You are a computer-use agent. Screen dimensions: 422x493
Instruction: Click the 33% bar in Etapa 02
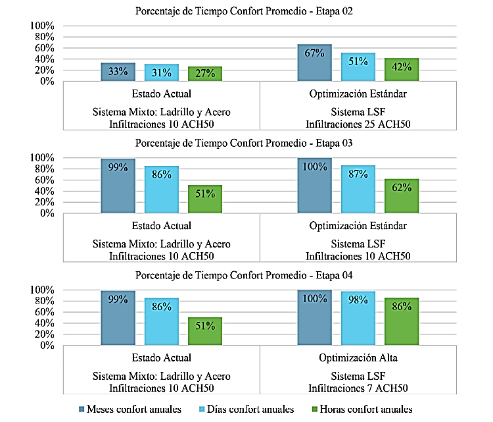pos(118,72)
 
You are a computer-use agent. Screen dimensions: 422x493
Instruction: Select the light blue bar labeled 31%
pos(161,73)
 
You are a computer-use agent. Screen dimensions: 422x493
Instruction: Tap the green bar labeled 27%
pos(204,74)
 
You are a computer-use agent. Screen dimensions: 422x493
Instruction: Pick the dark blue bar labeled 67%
pos(314,63)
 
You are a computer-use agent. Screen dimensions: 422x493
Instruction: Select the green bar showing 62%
pos(402,196)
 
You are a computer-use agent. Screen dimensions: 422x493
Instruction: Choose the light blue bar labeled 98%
pos(358,319)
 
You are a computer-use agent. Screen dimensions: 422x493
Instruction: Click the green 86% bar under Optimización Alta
pos(402,322)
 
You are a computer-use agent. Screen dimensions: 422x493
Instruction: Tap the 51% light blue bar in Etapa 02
pos(358,67)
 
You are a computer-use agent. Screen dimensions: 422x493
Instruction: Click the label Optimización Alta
pos(358,357)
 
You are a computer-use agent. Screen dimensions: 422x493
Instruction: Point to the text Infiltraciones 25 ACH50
pos(358,123)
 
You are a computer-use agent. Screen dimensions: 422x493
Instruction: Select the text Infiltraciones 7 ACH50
pos(358,388)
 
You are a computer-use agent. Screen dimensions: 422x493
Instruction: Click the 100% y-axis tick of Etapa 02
pos(43,26)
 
